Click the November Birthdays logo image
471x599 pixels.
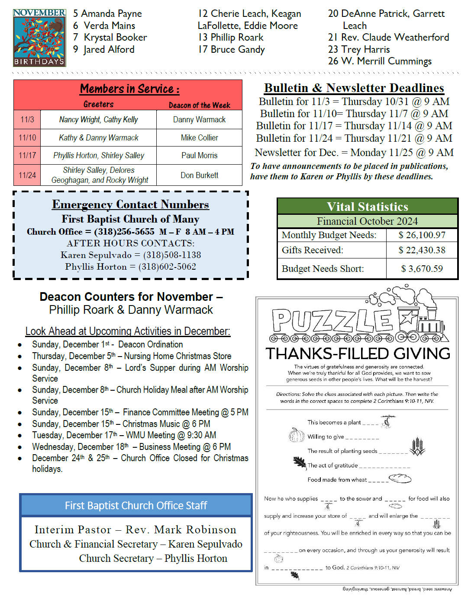coord(39,38)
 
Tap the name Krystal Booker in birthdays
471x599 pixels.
coord(115,38)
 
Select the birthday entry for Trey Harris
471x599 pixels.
coord(359,49)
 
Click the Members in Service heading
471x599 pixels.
coord(129,89)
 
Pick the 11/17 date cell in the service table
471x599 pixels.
coord(27,155)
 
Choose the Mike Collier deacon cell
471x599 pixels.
coord(199,137)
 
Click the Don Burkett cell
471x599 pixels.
coord(199,175)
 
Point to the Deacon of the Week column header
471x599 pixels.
coord(199,105)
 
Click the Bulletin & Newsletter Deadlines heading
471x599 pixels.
coord(354,88)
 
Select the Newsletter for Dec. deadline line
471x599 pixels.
coord(354,153)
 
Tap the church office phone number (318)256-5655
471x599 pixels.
coord(124,232)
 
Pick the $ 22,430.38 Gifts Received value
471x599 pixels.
coord(422,250)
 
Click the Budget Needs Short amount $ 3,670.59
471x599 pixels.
coord(422,268)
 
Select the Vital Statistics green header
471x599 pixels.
coord(367,206)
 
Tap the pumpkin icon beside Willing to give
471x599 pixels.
coord(297,435)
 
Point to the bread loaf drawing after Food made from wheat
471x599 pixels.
coord(400,478)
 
